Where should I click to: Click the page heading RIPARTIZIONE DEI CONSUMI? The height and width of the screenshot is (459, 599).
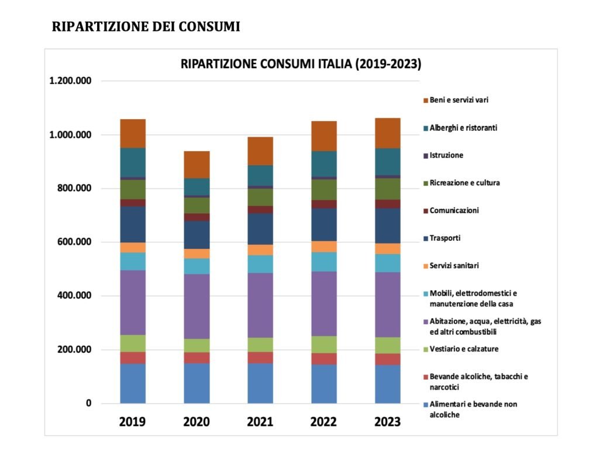click(146, 27)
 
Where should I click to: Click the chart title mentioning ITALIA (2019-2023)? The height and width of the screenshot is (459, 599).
click(301, 64)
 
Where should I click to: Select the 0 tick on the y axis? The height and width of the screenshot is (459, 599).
click(88, 404)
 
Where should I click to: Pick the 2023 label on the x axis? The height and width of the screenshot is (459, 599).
click(387, 422)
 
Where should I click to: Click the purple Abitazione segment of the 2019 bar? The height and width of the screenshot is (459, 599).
click(133, 302)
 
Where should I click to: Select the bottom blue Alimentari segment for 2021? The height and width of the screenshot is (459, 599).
click(260, 383)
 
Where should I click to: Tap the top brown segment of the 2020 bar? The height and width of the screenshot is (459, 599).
click(197, 164)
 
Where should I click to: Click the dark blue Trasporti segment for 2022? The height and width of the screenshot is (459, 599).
click(323, 224)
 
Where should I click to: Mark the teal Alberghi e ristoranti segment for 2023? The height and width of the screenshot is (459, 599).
click(387, 161)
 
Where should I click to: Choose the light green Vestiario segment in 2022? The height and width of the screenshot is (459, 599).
click(323, 344)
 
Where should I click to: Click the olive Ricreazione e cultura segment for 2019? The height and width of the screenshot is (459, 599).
click(133, 189)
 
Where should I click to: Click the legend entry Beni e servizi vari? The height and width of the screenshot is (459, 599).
click(459, 100)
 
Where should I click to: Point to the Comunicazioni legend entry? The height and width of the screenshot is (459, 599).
click(454, 210)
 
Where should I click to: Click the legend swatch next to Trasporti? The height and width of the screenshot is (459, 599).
click(425, 238)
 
